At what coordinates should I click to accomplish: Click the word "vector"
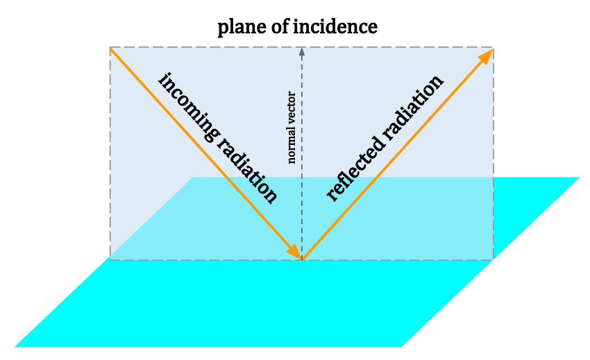point(292,107)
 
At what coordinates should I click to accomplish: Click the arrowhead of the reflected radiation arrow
point(487,55)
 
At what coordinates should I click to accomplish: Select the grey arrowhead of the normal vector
point(301,51)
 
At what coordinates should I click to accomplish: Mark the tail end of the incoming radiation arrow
point(111,49)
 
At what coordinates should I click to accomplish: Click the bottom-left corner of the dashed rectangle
point(110,259)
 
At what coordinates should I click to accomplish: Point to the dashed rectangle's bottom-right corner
point(494,259)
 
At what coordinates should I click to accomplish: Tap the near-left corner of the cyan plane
point(15,346)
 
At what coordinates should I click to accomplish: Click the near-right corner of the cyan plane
point(401,346)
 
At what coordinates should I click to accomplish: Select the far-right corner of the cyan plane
point(579,178)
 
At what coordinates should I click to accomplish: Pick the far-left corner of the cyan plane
point(193,178)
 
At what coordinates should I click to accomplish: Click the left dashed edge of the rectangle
point(110,153)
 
